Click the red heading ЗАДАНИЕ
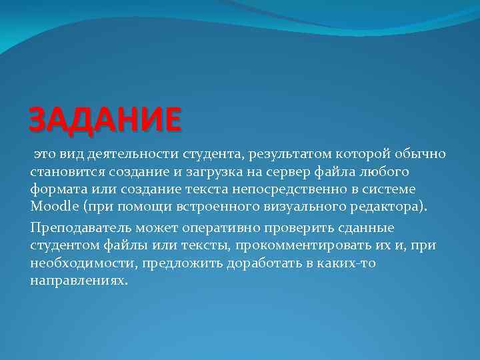(x=105, y=119)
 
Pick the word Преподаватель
(x=79, y=229)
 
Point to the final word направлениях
(x=78, y=280)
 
